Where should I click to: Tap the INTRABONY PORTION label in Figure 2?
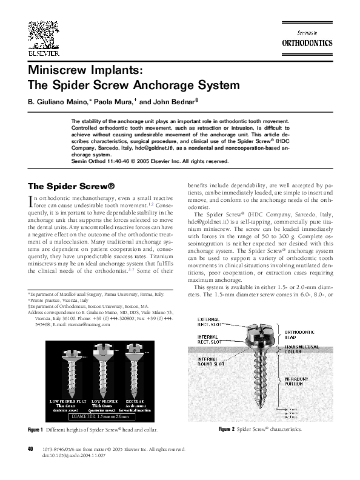coord(300,381)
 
